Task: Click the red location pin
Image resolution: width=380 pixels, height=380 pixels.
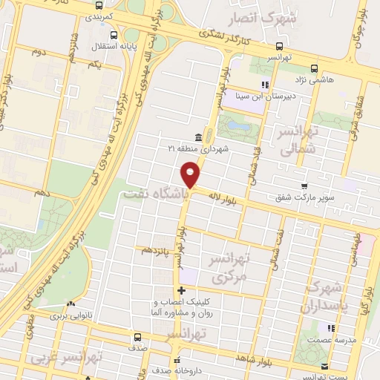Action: [191, 175]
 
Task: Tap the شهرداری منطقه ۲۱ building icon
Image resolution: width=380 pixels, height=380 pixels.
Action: [198, 137]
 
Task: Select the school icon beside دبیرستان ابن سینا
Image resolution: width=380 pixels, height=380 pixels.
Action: [265, 85]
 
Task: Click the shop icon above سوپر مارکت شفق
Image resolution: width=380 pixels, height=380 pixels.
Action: [304, 186]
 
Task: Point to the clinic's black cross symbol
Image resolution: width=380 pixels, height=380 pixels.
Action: [182, 290]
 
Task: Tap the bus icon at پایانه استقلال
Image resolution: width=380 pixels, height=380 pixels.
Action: [113, 34]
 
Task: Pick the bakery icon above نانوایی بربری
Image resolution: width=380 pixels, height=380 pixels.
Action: [71, 305]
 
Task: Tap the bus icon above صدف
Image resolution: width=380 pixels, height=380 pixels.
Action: [137, 336]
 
